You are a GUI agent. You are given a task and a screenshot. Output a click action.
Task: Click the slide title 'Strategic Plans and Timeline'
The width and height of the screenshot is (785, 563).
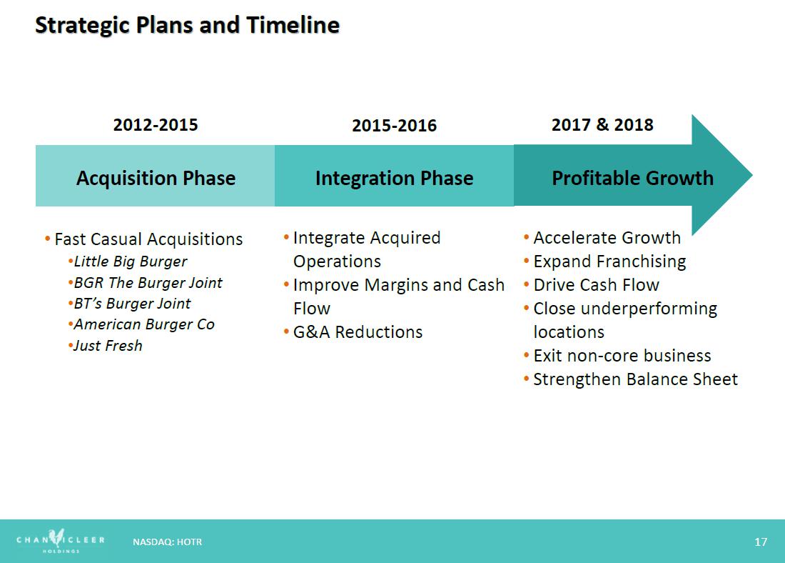pyautogui.click(x=187, y=26)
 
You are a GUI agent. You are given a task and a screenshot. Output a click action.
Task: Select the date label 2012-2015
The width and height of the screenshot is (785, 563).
pyautogui.click(x=156, y=124)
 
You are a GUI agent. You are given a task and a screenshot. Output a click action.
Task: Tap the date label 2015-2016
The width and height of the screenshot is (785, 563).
pyautogui.click(x=395, y=125)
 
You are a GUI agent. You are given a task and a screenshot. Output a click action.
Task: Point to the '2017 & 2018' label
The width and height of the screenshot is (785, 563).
pyautogui.click(x=602, y=124)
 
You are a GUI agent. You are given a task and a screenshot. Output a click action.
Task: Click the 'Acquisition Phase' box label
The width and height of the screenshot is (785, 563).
pyautogui.click(x=156, y=178)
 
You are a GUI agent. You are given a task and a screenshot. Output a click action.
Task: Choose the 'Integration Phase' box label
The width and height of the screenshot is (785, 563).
pyautogui.click(x=395, y=178)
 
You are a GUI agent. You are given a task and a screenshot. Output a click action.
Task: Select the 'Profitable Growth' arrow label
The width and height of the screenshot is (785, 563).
pyautogui.click(x=633, y=178)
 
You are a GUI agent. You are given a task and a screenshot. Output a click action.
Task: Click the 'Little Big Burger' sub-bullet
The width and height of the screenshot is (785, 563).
pyautogui.click(x=130, y=261)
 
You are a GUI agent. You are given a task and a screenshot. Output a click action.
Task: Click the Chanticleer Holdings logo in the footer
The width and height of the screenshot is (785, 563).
pyautogui.click(x=61, y=540)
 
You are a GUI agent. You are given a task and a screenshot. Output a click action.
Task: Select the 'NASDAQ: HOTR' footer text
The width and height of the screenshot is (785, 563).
pyautogui.click(x=167, y=542)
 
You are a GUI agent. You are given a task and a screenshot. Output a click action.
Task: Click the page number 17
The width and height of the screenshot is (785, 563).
pyautogui.click(x=761, y=542)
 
